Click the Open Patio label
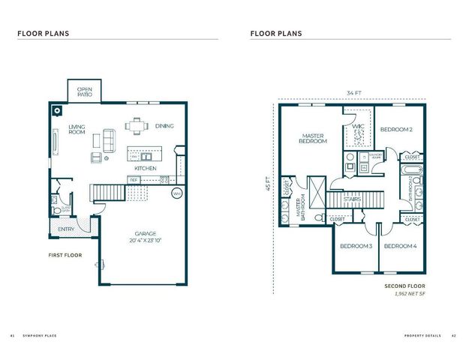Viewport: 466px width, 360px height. coord(85,92)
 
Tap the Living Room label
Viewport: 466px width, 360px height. coord(77,130)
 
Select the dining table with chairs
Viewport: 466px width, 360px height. coord(136,124)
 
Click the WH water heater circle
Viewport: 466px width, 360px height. coord(177,193)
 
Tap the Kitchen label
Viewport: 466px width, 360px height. coord(145,169)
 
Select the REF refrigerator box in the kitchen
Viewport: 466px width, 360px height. coord(134,180)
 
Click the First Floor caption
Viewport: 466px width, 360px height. coord(64,255)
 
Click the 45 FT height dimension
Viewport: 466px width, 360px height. coord(266,184)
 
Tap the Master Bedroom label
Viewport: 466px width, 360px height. coord(313,137)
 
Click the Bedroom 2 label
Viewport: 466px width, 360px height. coord(396,130)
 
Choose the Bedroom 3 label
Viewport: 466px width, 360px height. coord(356,246)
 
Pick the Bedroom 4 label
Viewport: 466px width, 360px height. coord(400,246)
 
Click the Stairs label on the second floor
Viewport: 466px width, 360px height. coord(353,199)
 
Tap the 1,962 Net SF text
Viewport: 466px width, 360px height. coord(411,294)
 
